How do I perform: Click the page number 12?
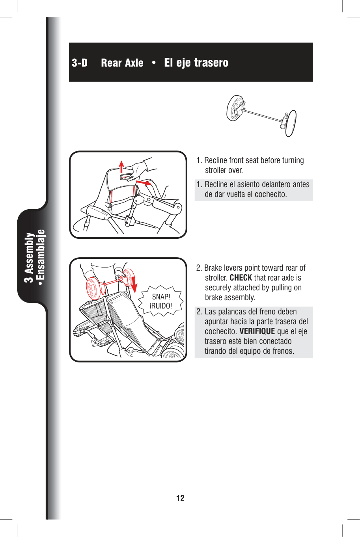(180, 498)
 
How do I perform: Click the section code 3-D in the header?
(80, 63)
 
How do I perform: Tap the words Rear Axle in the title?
(122, 63)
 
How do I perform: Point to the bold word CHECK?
(241, 278)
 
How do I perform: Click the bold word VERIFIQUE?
(257, 331)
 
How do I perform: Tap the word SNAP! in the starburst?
(161, 297)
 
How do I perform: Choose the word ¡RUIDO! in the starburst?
(161, 306)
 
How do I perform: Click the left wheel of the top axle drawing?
(235, 108)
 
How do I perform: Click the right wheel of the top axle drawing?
(291, 123)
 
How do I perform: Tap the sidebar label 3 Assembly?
(29, 257)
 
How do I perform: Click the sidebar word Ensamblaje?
(41, 254)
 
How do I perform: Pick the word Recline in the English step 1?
(216, 160)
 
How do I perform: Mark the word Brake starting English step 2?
(213, 268)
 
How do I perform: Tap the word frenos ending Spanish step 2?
(282, 351)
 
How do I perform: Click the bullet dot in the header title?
(154, 63)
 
